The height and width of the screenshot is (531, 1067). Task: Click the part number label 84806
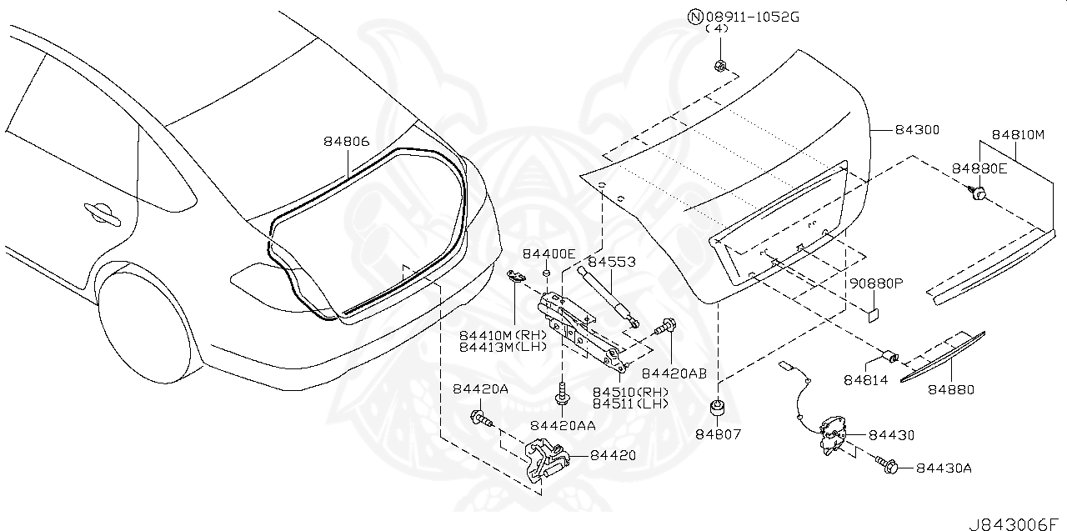(x=346, y=142)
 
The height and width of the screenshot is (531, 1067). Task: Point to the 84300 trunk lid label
(x=917, y=130)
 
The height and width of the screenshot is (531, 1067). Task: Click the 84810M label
(x=1018, y=134)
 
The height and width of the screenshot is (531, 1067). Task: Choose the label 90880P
(x=876, y=283)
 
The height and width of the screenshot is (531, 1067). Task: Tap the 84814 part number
(x=866, y=380)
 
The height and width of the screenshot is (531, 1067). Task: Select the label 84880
(x=951, y=389)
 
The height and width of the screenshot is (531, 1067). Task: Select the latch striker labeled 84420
(x=544, y=461)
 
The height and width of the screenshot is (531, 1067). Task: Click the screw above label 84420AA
(x=564, y=392)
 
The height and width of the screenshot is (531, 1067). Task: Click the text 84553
(x=612, y=262)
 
